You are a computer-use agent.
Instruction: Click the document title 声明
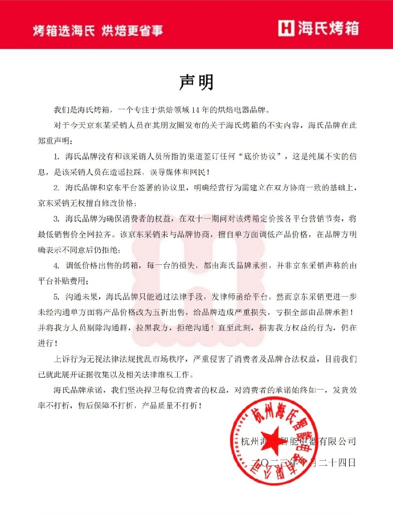click(x=196, y=83)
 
